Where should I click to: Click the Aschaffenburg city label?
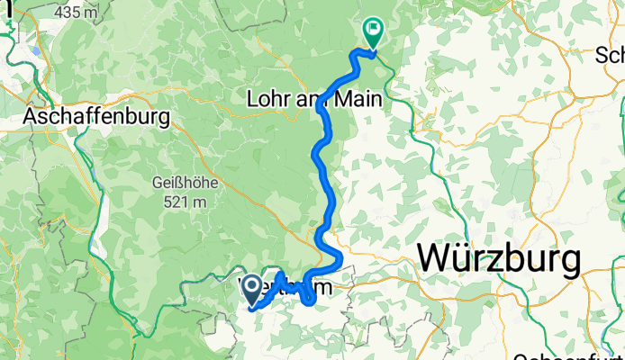point(97,116)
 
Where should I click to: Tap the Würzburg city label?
point(499,260)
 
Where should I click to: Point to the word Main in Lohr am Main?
point(360,99)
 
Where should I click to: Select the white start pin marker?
point(253,288)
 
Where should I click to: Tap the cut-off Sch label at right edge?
point(610,56)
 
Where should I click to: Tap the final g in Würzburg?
point(566,264)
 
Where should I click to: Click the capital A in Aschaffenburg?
point(32,116)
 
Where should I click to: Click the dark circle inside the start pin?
point(253,286)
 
